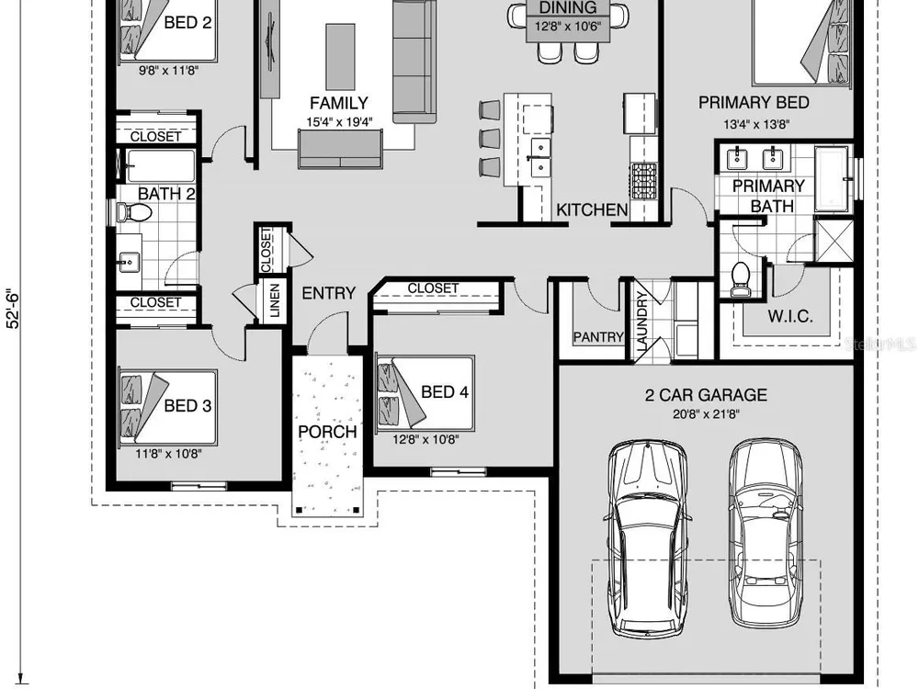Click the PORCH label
(x=327, y=432)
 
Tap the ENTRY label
(x=328, y=293)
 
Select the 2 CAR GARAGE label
(x=706, y=395)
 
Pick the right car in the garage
(x=766, y=532)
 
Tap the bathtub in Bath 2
(x=161, y=166)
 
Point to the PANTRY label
(x=598, y=337)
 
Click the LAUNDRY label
(x=641, y=321)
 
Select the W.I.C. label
(x=790, y=317)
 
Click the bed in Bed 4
(x=425, y=392)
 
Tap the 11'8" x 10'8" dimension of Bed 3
(x=169, y=454)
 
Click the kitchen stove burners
(x=643, y=180)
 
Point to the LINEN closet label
(x=274, y=300)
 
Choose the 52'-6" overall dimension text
(x=13, y=308)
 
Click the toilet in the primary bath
(x=741, y=280)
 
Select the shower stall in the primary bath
(x=834, y=239)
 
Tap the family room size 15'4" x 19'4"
(x=339, y=122)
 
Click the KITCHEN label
(x=592, y=209)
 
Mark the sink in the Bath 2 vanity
(x=129, y=262)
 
